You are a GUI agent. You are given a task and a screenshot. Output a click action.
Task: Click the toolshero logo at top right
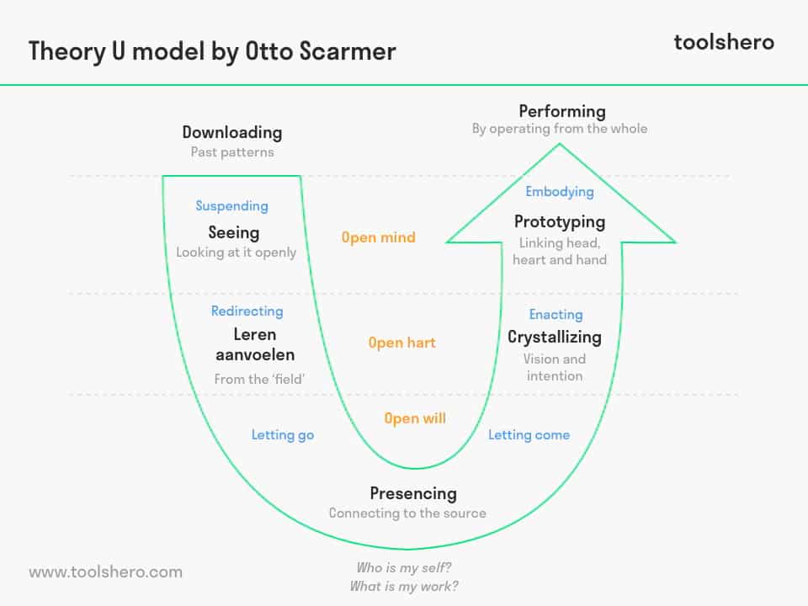point(723,42)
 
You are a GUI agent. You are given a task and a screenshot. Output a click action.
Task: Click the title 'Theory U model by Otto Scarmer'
point(212,50)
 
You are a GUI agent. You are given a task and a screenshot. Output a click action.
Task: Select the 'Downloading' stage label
point(232,132)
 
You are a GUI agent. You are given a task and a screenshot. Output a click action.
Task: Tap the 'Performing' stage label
point(562,111)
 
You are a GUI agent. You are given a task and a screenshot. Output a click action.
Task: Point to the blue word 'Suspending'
point(231,206)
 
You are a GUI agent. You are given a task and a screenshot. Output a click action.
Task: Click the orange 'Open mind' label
point(378,237)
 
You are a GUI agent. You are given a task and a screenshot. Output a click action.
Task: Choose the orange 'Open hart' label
point(401,343)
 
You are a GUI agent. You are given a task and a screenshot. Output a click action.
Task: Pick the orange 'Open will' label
point(415,418)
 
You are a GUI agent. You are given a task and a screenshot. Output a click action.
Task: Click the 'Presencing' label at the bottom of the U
point(413,493)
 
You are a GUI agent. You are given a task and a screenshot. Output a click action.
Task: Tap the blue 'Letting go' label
point(283,435)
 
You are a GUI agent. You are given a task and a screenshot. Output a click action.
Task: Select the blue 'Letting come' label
point(529,435)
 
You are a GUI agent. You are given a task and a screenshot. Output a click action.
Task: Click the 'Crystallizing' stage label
point(555,337)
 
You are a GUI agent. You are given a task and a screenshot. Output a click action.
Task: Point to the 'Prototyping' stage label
point(560,222)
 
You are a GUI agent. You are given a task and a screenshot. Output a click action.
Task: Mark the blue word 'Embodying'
point(560,192)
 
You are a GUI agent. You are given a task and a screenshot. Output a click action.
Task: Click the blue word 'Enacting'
point(555,315)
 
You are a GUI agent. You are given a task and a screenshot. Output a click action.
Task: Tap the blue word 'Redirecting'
point(247,311)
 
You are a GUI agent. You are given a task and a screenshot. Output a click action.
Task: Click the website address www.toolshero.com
point(105,572)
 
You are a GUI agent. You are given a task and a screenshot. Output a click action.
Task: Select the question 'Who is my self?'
point(404,567)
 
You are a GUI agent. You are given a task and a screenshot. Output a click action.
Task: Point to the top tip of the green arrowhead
point(560,145)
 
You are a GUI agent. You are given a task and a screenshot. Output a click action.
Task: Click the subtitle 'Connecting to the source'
point(407,513)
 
